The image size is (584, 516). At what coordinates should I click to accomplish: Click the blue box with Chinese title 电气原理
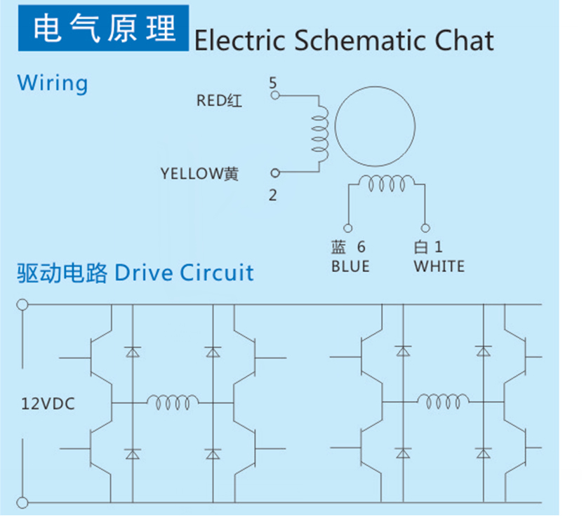pos(103,28)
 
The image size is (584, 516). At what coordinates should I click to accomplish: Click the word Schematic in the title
pos(361,40)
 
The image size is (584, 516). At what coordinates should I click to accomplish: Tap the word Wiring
pos(53,83)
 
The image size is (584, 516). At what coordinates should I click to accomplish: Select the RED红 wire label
pos(219,100)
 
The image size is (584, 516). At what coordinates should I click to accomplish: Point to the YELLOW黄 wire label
pos(199,174)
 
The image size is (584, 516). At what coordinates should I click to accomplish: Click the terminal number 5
pos(273,83)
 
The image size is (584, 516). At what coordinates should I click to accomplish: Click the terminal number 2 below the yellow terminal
pos(272,196)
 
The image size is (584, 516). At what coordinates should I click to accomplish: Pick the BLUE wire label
pos(350,266)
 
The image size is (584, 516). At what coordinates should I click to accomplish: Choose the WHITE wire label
pos(439,266)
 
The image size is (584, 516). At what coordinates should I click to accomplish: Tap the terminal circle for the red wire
pos(275,95)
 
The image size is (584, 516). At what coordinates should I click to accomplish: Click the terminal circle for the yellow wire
pos(275,173)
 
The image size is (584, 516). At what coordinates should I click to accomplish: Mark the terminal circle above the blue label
pos(348,228)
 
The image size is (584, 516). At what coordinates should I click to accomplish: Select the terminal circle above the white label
pos(425,228)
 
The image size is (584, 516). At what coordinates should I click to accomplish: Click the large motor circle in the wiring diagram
pos(336,126)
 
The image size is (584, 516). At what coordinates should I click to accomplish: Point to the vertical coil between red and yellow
pos(321,134)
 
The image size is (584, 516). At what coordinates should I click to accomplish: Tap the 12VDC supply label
pos(48,404)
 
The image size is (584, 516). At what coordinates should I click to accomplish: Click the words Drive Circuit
pos(184,273)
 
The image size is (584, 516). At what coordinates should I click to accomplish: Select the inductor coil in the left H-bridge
pos(173,401)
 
